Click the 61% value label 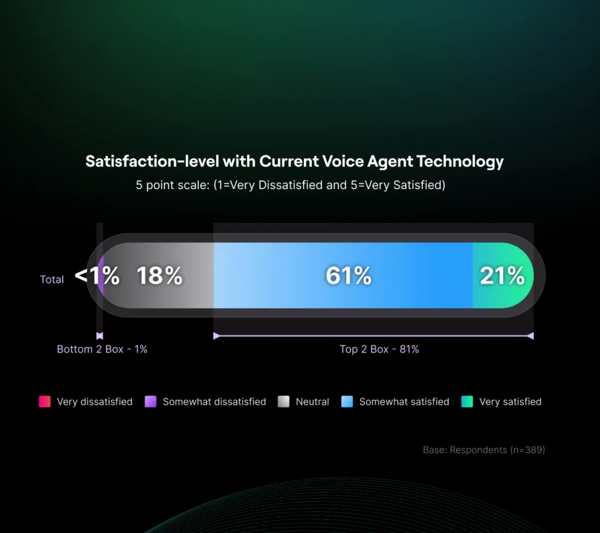click(348, 276)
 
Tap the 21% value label click(502, 276)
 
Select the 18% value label click(159, 276)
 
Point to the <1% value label click(97, 275)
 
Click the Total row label click(52, 280)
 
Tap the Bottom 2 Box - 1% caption click(102, 350)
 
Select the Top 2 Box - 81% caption click(379, 350)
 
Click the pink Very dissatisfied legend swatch click(44, 401)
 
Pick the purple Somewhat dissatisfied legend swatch click(151, 401)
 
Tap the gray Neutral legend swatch click(284, 401)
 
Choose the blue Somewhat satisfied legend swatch click(347, 401)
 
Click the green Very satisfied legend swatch click(467, 401)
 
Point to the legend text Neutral click(312, 402)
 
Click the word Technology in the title click(460, 162)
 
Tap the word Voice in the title click(342, 162)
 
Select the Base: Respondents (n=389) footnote click(484, 450)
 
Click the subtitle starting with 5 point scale click(291, 185)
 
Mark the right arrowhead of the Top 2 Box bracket click(531, 336)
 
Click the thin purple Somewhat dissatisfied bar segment click(101, 275)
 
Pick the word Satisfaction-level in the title click(152, 162)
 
